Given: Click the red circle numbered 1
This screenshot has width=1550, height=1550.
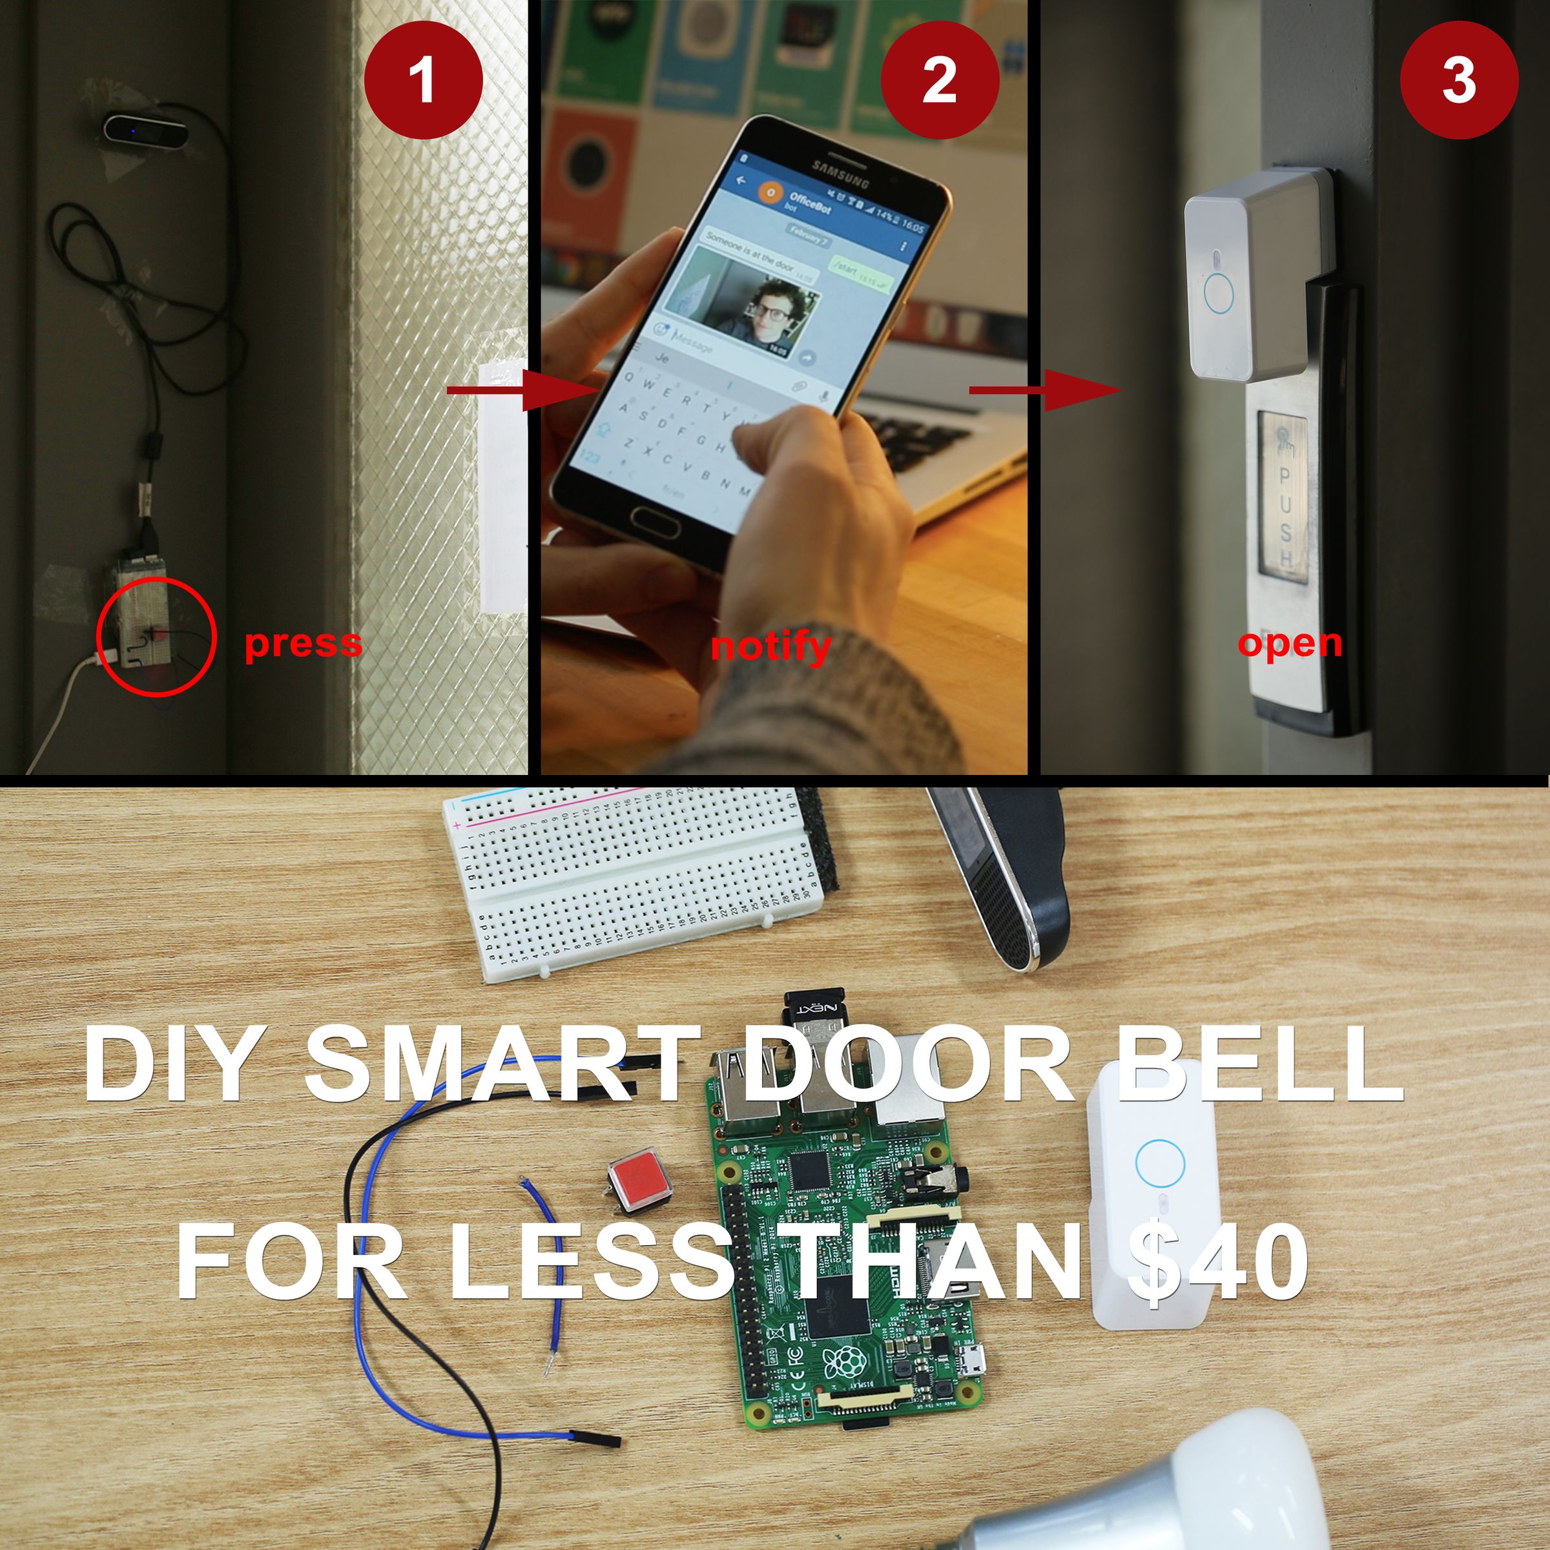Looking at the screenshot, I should (423, 80).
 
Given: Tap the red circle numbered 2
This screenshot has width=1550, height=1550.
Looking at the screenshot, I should (940, 80).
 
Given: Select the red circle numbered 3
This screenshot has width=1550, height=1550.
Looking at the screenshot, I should (1458, 80).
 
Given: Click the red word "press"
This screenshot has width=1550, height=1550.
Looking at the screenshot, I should (304, 643).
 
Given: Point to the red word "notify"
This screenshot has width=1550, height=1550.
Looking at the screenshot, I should (770, 646).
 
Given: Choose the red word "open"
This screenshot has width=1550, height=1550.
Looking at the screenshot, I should (1289, 643).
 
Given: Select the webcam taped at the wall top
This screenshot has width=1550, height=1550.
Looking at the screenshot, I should (146, 130).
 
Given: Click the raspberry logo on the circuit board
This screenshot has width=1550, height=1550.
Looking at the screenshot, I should (845, 1361).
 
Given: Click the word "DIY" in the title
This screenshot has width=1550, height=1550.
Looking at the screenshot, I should (173, 1064).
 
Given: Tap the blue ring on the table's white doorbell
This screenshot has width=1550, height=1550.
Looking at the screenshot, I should (1159, 1162).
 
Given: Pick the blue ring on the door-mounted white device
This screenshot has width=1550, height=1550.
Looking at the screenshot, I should (1218, 293).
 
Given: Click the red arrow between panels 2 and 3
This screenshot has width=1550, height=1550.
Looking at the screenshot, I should (1043, 390).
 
